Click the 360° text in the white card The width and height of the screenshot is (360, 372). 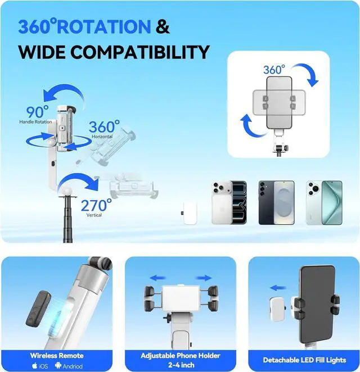click(x=275, y=70)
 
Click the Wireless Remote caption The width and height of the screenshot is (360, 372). click(x=57, y=355)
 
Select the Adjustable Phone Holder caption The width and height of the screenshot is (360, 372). click(x=181, y=355)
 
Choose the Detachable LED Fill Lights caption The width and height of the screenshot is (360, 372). click(x=304, y=360)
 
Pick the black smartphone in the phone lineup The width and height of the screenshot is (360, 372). click(x=276, y=202)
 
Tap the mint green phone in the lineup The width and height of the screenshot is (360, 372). click(x=324, y=202)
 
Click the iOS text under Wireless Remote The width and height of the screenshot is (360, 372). click(x=40, y=366)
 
